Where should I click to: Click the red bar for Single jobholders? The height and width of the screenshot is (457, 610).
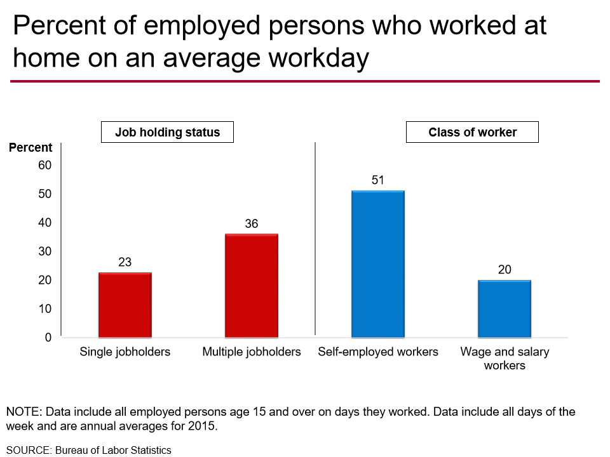(125, 305)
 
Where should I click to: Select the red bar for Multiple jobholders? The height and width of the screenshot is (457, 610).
(252, 286)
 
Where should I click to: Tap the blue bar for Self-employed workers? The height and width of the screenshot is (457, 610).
(378, 264)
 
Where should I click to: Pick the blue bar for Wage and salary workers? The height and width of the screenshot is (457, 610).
(505, 308)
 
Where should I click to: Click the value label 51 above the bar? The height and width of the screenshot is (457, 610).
(378, 180)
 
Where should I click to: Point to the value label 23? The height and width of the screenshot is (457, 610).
(125, 262)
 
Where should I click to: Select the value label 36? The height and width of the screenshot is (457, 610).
(252, 223)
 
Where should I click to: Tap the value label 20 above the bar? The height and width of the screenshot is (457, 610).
(505, 270)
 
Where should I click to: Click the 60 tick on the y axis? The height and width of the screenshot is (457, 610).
(45, 165)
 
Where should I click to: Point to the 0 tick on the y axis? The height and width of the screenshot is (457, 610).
(48, 337)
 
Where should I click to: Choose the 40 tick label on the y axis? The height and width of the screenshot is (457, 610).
(45, 223)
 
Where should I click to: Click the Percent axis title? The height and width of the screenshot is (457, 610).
(30, 148)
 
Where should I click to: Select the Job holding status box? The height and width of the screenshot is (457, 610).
(167, 133)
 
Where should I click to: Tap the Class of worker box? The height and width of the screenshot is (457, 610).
(472, 133)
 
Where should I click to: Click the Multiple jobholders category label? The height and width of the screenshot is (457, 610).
(252, 352)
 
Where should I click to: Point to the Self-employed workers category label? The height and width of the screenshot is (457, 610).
(378, 352)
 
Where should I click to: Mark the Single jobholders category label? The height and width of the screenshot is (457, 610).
(125, 352)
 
